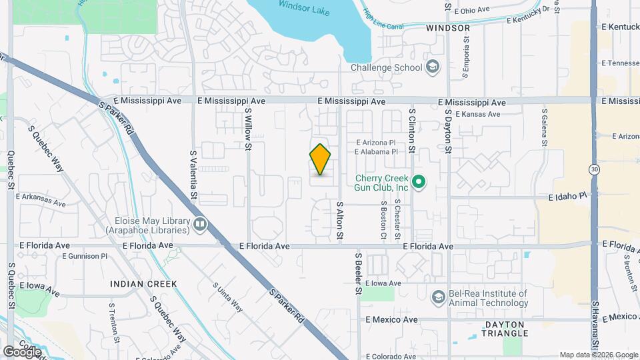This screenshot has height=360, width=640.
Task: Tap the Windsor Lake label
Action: (301, 5)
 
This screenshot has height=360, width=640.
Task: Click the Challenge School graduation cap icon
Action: (433, 67)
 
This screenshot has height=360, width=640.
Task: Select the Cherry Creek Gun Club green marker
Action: (419, 181)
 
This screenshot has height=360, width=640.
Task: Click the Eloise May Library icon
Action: (200, 224)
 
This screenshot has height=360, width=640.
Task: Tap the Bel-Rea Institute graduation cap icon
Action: (438, 297)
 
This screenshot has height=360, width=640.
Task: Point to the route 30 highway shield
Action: (593, 170)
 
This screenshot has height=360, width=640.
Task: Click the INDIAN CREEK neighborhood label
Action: (144, 284)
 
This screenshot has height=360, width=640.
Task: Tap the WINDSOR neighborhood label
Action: (447, 28)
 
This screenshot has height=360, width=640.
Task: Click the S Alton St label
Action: (339, 221)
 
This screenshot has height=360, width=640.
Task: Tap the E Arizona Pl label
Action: (376, 143)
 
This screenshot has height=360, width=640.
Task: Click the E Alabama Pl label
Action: (376, 152)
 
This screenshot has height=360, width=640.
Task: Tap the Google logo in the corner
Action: (21, 351)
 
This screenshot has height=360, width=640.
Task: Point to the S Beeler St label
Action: (358, 273)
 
